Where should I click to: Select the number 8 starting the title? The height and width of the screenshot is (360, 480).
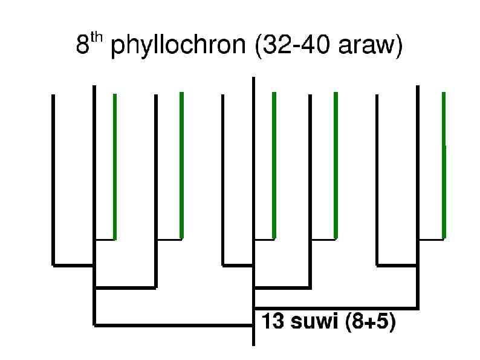pyautogui.click(x=83, y=47)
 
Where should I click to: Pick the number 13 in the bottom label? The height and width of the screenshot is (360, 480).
pyautogui.click(x=272, y=322)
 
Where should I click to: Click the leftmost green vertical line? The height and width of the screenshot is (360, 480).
pyautogui.click(x=115, y=166)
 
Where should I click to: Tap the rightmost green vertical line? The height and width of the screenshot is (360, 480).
pyautogui.click(x=444, y=166)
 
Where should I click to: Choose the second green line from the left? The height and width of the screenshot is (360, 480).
pyautogui.click(x=181, y=166)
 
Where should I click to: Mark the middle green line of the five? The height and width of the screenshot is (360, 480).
pyautogui.click(x=274, y=166)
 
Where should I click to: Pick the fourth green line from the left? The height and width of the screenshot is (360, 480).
pyautogui.click(x=336, y=166)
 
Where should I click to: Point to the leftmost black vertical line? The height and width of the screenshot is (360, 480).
pyautogui.click(x=53, y=182)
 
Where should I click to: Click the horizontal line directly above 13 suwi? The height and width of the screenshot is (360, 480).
pyautogui.click(x=336, y=307)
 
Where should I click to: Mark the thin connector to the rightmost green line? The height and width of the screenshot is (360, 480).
pyautogui.click(x=430, y=239)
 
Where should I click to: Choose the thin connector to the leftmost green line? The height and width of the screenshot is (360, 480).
pyautogui.click(x=105, y=239)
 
